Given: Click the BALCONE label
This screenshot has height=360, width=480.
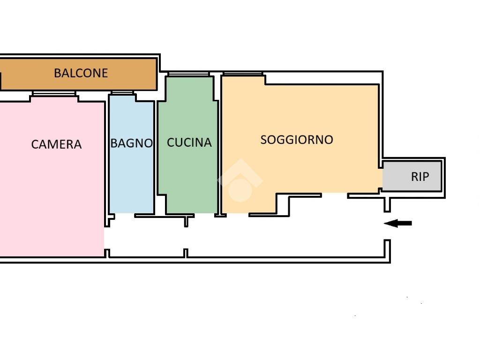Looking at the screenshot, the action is pos(81,73).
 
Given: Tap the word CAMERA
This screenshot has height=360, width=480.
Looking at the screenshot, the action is pos(56,144).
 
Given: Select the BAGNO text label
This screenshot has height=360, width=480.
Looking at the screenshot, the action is pos(131,143).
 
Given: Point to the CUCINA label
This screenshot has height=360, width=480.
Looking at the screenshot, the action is pos(189,142).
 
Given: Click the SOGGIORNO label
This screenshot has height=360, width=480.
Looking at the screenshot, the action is pos(297,140).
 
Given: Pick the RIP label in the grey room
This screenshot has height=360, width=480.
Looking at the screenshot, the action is pos(420,177).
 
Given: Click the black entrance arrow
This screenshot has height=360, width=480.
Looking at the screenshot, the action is pos(397,223).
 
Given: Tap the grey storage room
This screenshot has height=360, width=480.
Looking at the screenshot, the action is pos(412,176).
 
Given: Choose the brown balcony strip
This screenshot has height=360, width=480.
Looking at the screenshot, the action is pos(78,75).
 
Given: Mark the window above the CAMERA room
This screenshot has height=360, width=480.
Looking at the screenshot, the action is pos(54,93).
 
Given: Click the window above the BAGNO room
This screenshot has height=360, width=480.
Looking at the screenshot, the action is pos(122,92).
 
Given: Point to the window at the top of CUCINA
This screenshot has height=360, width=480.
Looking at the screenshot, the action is pos(188,74).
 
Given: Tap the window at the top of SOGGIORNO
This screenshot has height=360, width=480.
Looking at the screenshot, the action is pos(243,74).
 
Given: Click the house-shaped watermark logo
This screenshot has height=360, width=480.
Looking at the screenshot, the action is pos(240,180).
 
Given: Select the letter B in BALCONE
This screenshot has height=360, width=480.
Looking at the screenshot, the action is pos(57,73).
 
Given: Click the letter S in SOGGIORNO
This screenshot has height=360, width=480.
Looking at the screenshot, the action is pos(263,140).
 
